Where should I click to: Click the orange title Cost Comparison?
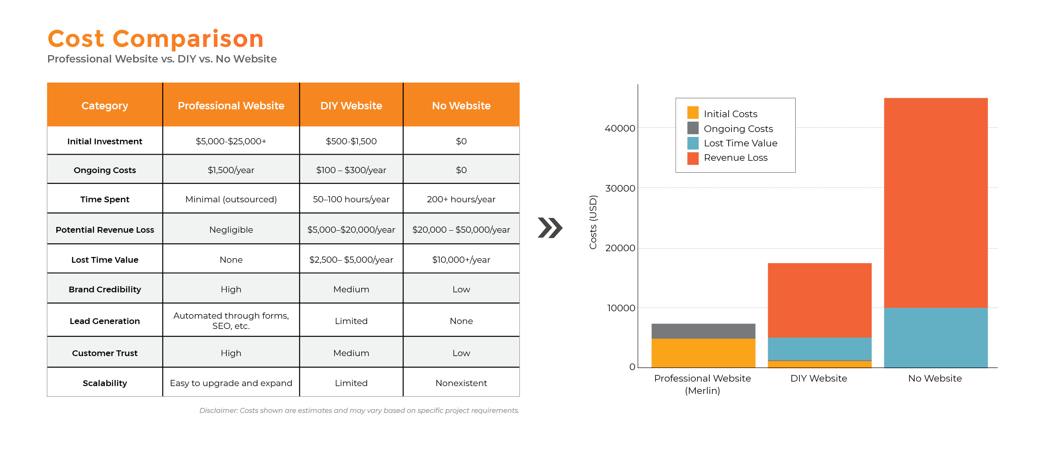point(155,39)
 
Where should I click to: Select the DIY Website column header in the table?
point(351,106)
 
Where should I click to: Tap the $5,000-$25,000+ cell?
point(231,141)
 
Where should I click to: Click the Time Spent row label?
point(105,199)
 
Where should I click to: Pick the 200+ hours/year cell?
point(461,199)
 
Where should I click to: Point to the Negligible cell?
point(231,230)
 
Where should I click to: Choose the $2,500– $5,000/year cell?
point(351,260)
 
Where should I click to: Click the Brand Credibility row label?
point(105,289)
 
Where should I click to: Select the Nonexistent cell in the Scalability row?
point(461,383)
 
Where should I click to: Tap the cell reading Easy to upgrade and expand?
point(231,383)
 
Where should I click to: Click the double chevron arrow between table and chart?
point(550,228)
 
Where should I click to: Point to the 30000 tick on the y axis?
point(620,188)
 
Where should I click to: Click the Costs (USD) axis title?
point(593,222)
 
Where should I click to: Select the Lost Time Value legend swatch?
point(693,143)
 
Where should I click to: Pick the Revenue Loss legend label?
point(736,157)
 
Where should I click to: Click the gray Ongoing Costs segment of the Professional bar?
point(703,331)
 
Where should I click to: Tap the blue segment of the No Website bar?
point(936,337)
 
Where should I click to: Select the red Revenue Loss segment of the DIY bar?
point(819,300)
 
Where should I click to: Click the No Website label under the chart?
point(935,378)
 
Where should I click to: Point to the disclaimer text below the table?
point(359,410)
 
